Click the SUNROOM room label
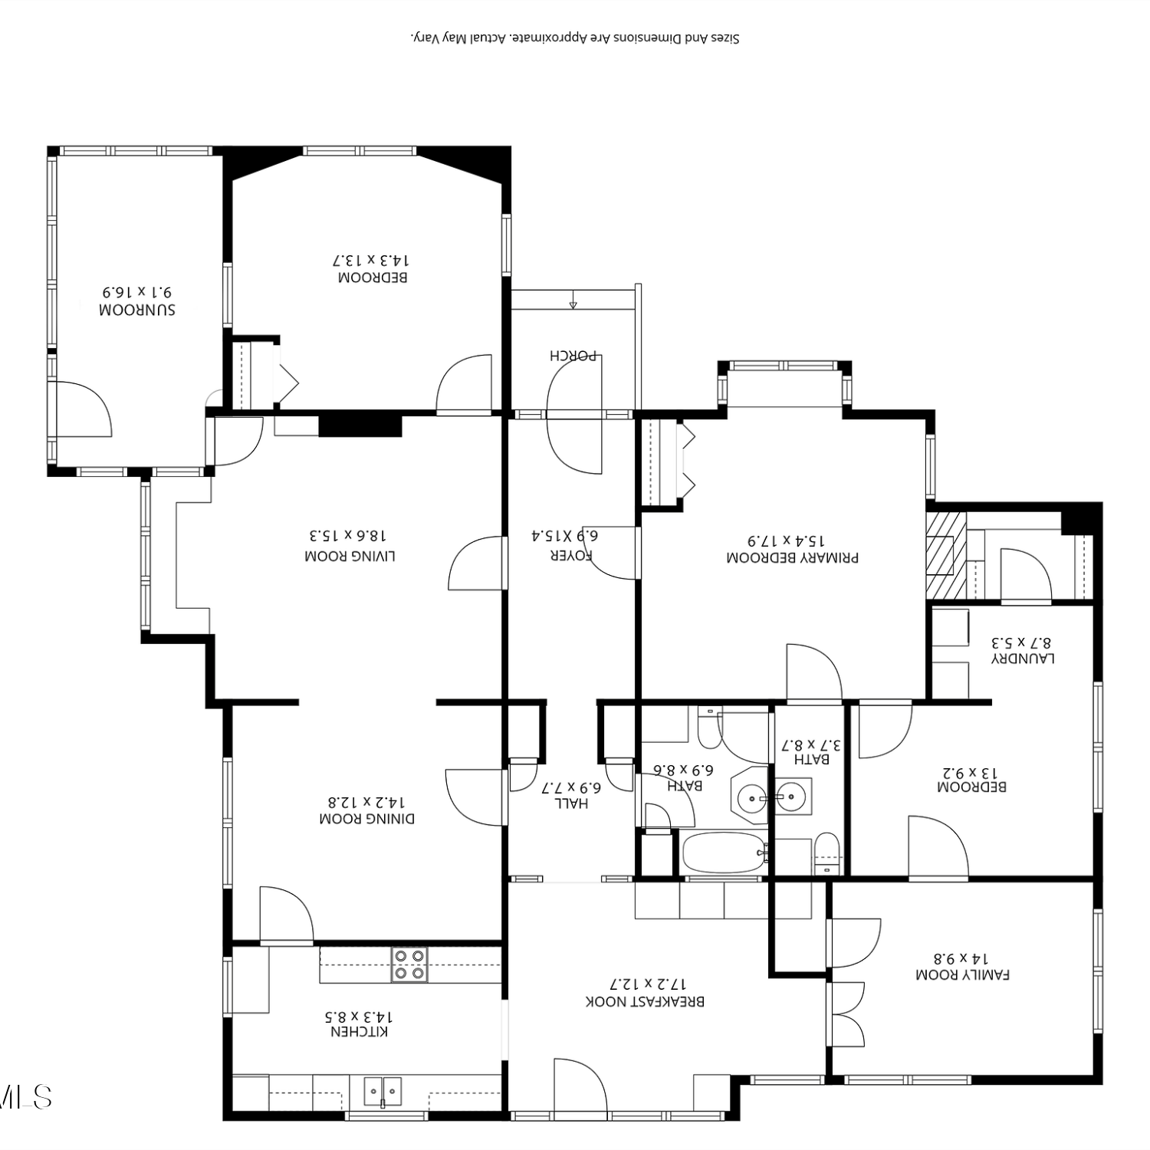click(137, 310)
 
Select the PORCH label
click(573, 356)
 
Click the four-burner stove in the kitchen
click(409, 965)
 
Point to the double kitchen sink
click(383, 1091)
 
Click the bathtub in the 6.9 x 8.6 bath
click(724, 853)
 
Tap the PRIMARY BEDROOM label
click(793, 557)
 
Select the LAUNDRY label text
click(1023, 658)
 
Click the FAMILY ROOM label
click(963, 974)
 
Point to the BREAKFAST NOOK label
click(645, 1001)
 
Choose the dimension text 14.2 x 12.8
click(366, 802)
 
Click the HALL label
click(572, 803)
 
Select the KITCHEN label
click(360, 1032)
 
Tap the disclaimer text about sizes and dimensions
click(575, 38)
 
